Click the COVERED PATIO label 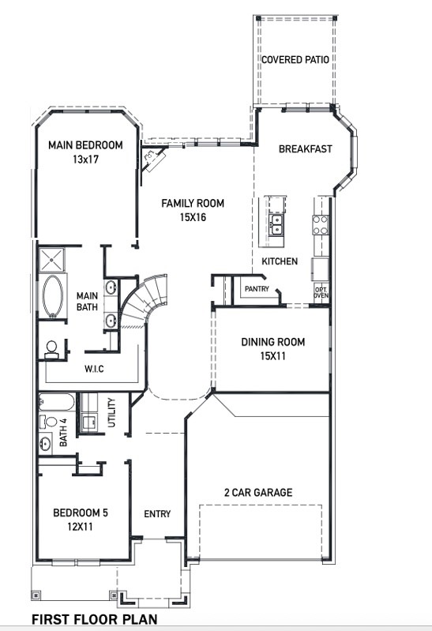pyautogui.click(x=295, y=59)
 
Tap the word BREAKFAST pyautogui.click(x=305, y=149)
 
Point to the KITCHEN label pyautogui.click(x=280, y=261)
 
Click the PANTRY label pyautogui.click(x=257, y=289)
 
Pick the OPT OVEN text pyautogui.click(x=321, y=292)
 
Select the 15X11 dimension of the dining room pyautogui.click(x=272, y=356)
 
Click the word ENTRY pyautogui.click(x=157, y=514)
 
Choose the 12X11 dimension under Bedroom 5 pyautogui.click(x=80, y=527)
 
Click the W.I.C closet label pyautogui.click(x=96, y=369)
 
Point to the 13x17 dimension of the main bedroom pyautogui.click(x=85, y=159)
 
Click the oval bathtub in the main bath pyautogui.click(x=54, y=296)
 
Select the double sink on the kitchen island pyautogui.click(x=276, y=227)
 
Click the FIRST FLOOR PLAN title pyautogui.click(x=94, y=620)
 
